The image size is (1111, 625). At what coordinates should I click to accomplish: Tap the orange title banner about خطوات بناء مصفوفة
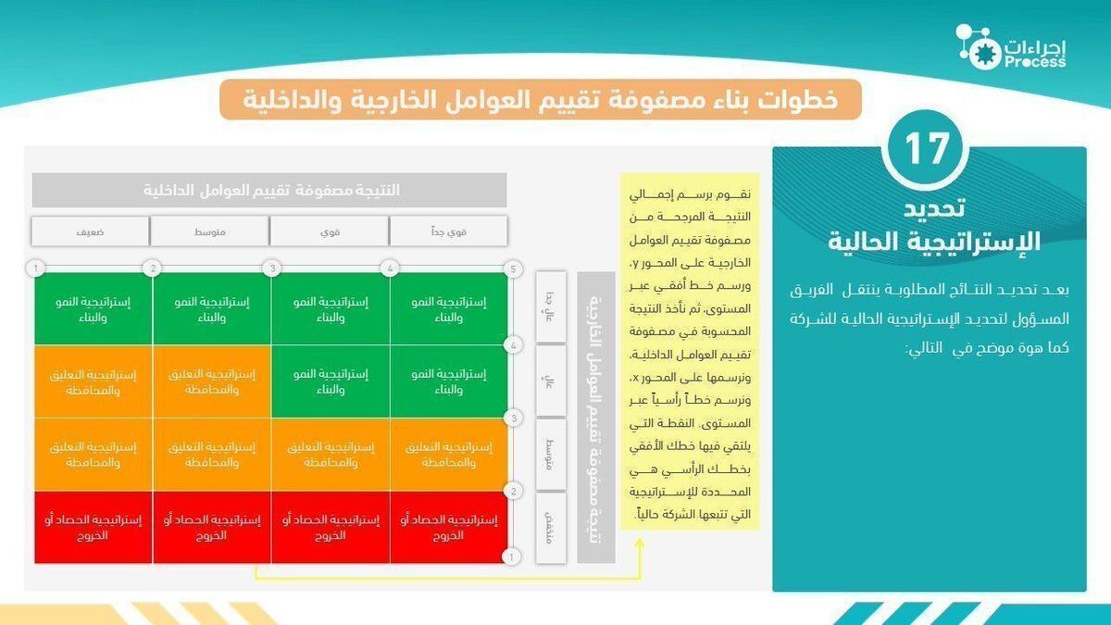(540, 99)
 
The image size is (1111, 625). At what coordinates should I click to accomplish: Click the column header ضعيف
(90, 231)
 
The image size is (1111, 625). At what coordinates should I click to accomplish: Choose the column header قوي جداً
(448, 231)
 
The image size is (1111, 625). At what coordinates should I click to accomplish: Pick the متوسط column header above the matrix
(209, 231)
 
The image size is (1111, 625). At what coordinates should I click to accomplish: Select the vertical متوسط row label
(550, 454)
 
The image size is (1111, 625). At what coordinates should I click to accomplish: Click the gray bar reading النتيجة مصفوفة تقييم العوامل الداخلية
(269, 190)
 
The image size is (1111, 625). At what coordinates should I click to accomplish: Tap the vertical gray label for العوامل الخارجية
(595, 417)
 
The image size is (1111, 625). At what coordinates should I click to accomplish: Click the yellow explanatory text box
(690, 351)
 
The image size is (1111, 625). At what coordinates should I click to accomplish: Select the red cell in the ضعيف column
(94, 527)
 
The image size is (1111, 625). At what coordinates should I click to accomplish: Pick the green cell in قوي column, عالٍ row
(331, 381)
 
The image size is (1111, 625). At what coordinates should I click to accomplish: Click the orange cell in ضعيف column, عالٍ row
(94, 381)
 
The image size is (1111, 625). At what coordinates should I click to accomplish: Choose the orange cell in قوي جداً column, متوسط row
(449, 454)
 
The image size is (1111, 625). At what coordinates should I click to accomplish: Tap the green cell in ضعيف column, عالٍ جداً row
(94, 308)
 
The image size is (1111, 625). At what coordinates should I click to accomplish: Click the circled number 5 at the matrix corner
(511, 269)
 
